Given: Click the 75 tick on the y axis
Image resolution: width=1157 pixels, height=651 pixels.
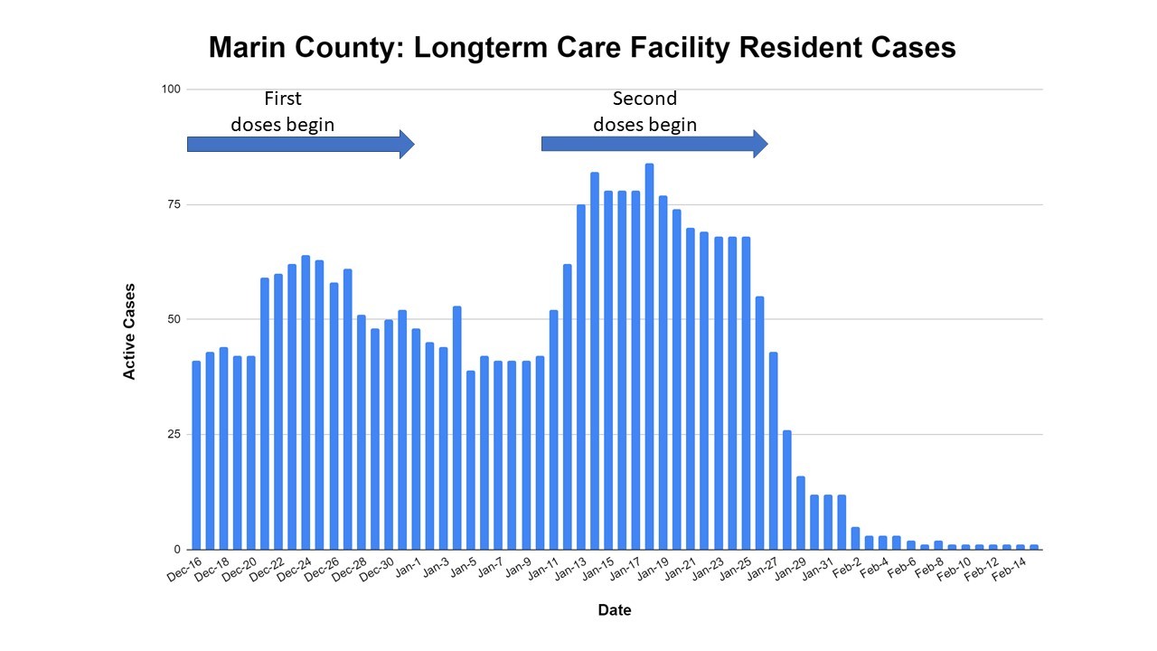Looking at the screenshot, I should coord(170,204).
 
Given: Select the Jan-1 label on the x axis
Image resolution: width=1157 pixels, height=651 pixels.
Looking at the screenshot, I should coord(408,570).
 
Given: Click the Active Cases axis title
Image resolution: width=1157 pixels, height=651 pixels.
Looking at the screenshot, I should coord(130,330).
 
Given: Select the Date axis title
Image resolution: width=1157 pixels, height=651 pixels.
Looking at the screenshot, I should coord(615,610).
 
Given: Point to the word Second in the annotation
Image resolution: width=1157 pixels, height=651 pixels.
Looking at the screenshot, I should coord(644,99).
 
